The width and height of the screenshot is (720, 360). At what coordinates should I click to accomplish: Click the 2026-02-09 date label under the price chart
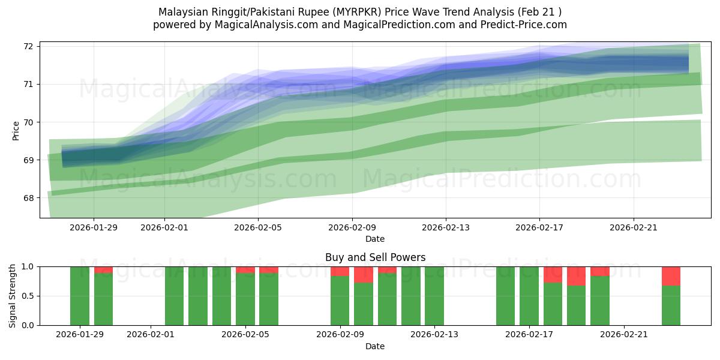click(x=352, y=227)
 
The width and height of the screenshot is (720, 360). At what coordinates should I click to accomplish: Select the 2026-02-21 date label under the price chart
click(x=634, y=227)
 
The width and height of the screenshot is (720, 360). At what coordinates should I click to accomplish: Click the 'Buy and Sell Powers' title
click(x=375, y=257)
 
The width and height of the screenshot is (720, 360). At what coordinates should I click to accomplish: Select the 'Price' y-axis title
click(x=16, y=130)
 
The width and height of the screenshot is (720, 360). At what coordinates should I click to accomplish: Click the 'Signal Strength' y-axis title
click(x=13, y=296)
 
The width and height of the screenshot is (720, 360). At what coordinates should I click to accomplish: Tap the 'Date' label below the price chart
click(x=375, y=239)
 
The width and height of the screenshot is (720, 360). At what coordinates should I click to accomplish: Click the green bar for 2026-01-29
click(x=80, y=296)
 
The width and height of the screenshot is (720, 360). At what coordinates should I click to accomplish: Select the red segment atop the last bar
click(x=671, y=276)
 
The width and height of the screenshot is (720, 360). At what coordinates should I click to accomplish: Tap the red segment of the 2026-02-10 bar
click(x=364, y=275)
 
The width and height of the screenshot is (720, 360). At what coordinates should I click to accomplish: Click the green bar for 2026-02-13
click(x=434, y=296)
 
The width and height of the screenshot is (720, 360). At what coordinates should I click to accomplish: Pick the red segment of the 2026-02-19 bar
click(x=576, y=276)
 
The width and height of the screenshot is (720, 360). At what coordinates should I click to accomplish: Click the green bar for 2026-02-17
click(x=529, y=296)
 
